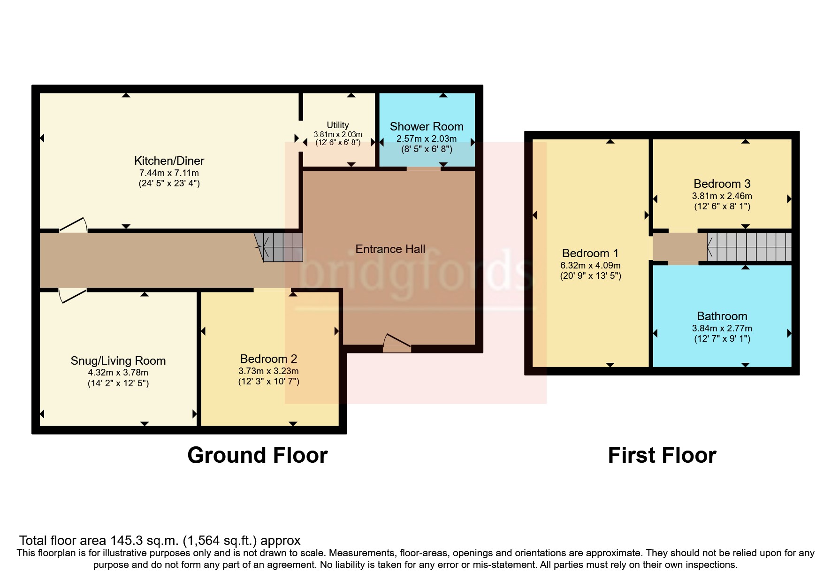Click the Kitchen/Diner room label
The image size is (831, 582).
(x=169, y=161)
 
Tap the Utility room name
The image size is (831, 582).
(x=337, y=125)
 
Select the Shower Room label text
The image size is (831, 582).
(x=426, y=127)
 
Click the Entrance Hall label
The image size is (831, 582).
(x=390, y=249)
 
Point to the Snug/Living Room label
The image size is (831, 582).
(x=118, y=361)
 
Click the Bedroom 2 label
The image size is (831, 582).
(x=268, y=359)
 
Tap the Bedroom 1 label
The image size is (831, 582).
(x=590, y=253)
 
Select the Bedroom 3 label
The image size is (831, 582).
(x=722, y=184)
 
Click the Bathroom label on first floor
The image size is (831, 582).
(x=722, y=316)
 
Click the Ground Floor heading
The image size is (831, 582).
(x=257, y=456)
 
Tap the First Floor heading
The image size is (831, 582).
(x=662, y=456)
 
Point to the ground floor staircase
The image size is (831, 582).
(x=280, y=247)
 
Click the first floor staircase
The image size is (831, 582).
(x=749, y=247)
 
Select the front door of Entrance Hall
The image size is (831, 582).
(x=397, y=344)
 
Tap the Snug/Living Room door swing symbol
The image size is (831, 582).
(x=72, y=296)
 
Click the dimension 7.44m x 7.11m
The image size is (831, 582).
(x=169, y=173)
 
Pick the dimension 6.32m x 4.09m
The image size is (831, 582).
(x=590, y=266)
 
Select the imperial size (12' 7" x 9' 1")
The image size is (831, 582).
(x=722, y=339)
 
